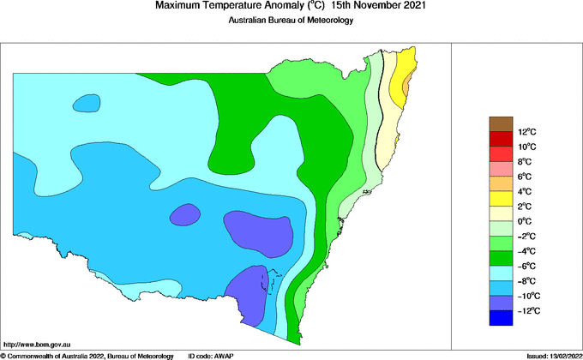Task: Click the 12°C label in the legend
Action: click(x=526, y=132)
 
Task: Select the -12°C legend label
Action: click(x=528, y=310)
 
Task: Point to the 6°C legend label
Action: click(x=526, y=177)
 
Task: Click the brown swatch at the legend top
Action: click(x=501, y=124)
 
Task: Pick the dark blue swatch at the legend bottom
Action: click(x=501, y=318)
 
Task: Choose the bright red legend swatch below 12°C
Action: click(x=501, y=140)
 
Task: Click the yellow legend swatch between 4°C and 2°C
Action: click(x=501, y=199)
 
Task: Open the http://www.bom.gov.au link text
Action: click(x=36, y=344)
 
